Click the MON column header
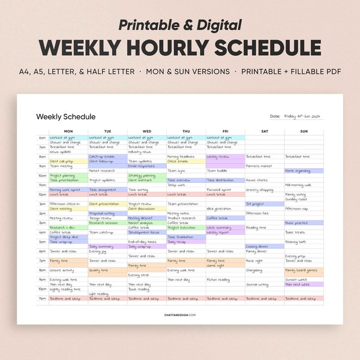tap(68, 131)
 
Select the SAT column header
tap(265, 131)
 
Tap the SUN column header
tap(304, 131)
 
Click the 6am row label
tap(43, 137)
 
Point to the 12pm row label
tap(43, 194)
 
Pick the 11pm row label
tap(43, 298)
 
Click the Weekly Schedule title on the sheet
tap(65, 116)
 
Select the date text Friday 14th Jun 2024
tap(304, 116)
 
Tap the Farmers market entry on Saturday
tap(259, 166)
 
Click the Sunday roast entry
tap(296, 199)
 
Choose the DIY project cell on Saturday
tap(255, 203)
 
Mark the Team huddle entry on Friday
tap(217, 170)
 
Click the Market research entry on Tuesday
tap(102, 170)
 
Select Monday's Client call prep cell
tap(62, 161)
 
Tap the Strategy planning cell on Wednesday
tap(142, 175)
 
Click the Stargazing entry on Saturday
tap(254, 269)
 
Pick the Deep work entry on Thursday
tap(176, 185)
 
